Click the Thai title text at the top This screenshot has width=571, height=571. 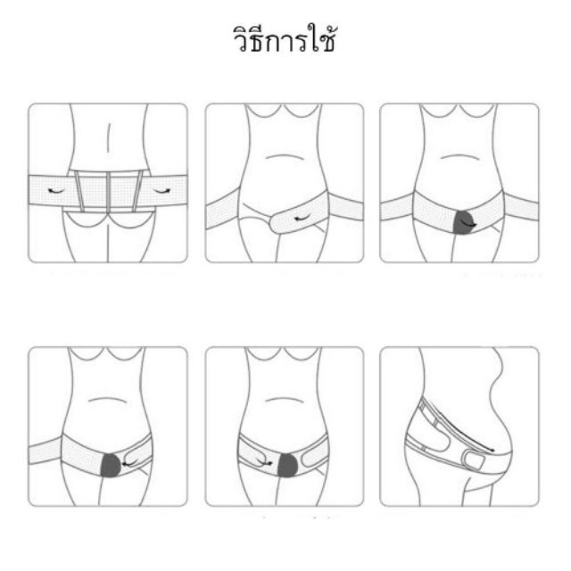[284, 38]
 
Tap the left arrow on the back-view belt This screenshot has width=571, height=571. [55, 191]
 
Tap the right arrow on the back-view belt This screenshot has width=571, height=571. [161, 191]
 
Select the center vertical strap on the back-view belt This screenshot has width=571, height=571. [109, 193]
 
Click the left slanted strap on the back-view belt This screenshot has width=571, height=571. [79, 192]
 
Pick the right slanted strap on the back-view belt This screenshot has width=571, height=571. [137, 192]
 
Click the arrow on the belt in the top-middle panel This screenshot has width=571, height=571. [302, 219]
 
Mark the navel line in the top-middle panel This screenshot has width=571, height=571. [285, 157]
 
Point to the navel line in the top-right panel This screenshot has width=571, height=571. [459, 157]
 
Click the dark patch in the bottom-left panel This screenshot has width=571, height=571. [111, 466]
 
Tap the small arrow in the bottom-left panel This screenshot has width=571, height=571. [129, 463]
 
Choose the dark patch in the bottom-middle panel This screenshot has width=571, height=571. [287, 466]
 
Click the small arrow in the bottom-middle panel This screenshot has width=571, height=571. [265, 462]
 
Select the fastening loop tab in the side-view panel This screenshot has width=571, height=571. [473, 460]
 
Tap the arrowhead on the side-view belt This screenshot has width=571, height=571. [492, 451]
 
